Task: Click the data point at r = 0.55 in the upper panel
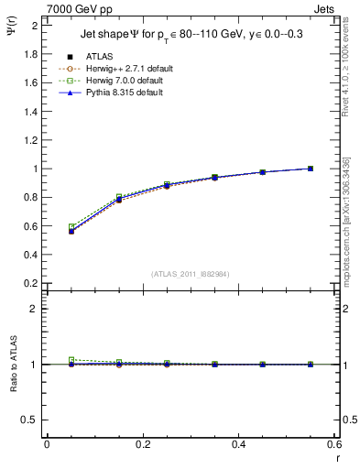(x=311, y=169)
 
